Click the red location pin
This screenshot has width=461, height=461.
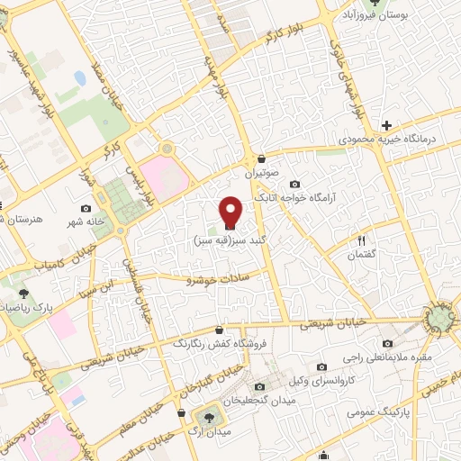coord(231,212)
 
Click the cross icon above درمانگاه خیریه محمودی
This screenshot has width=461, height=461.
coord(386,125)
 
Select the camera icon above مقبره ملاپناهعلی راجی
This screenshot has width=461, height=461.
coord(388,343)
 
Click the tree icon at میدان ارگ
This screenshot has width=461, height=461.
coord(210,416)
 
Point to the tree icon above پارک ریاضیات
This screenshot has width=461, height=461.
coord(23,294)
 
